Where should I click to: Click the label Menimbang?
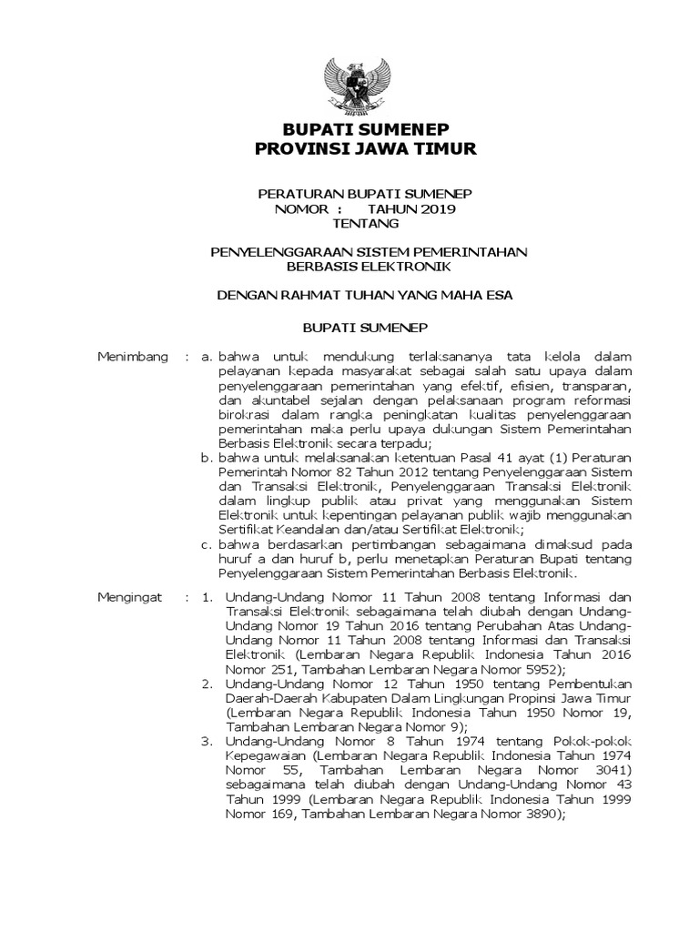tap(133, 356)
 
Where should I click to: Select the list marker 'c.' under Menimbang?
tap(208, 544)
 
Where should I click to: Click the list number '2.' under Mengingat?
tap(208, 683)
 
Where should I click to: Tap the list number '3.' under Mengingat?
tap(208, 743)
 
